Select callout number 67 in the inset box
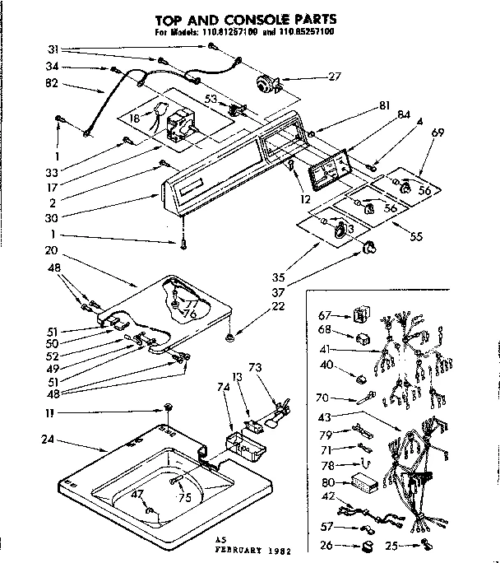pyautogui.click(x=324, y=314)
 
